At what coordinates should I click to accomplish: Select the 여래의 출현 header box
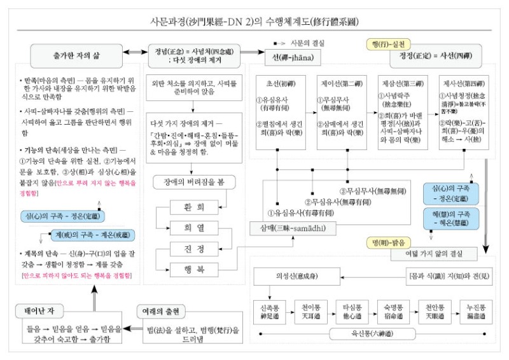(x=162, y=311)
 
